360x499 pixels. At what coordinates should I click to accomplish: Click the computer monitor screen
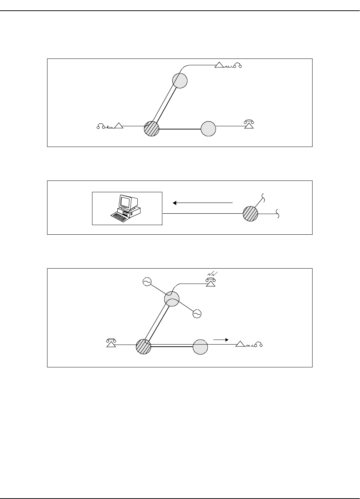pyautogui.click(x=125, y=202)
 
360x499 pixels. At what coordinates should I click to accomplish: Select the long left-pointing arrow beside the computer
pyautogui.click(x=202, y=203)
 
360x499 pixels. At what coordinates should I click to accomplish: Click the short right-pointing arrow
pyautogui.click(x=220, y=340)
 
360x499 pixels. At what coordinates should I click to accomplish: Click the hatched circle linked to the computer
pyautogui.click(x=250, y=214)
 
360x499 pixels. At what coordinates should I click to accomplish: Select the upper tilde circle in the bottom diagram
pyautogui.click(x=147, y=282)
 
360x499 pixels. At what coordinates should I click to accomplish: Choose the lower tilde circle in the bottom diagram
pyautogui.click(x=197, y=313)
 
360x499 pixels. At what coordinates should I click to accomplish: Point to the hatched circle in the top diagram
pyautogui.click(x=151, y=128)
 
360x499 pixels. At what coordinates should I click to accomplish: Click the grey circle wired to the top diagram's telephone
pyautogui.click(x=208, y=128)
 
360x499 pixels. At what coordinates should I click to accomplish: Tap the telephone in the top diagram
pyautogui.click(x=249, y=124)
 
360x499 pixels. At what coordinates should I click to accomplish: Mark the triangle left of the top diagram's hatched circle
pyautogui.click(x=119, y=126)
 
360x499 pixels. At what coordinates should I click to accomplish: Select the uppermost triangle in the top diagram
pyautogui.click(x=219, y=65)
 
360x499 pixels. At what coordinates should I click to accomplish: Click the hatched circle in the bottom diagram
pyautogui.click(x=143, y=347)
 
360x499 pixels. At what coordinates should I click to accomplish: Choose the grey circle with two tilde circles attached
pyautogui.click(x=172, y=299)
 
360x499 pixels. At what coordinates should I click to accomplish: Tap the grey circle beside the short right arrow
pyautogui.click(x=200, y=347)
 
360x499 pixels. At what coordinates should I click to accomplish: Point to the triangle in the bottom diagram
pyautogui.click(x=240, y=344)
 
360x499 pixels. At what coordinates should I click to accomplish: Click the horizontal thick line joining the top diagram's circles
pyautogui.click(x=180, y=129)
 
